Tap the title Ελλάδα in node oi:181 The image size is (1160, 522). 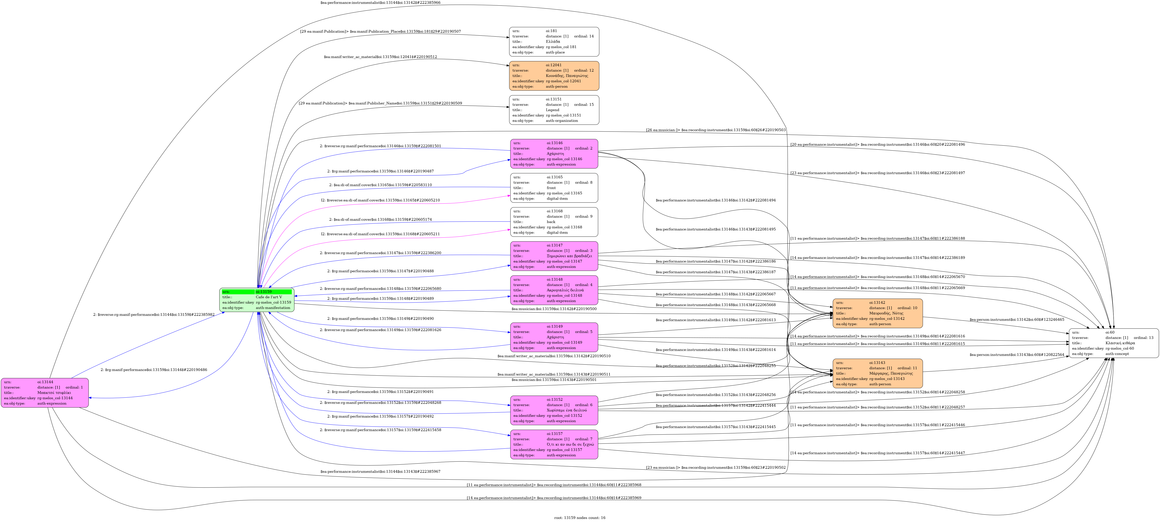tap(553, 41)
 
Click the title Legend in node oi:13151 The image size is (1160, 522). tap(553, 110)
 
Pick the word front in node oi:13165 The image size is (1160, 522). tap(551, 188)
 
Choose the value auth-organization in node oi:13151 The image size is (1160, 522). tap(562, 121)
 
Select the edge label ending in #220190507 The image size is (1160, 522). tap(381, 32)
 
